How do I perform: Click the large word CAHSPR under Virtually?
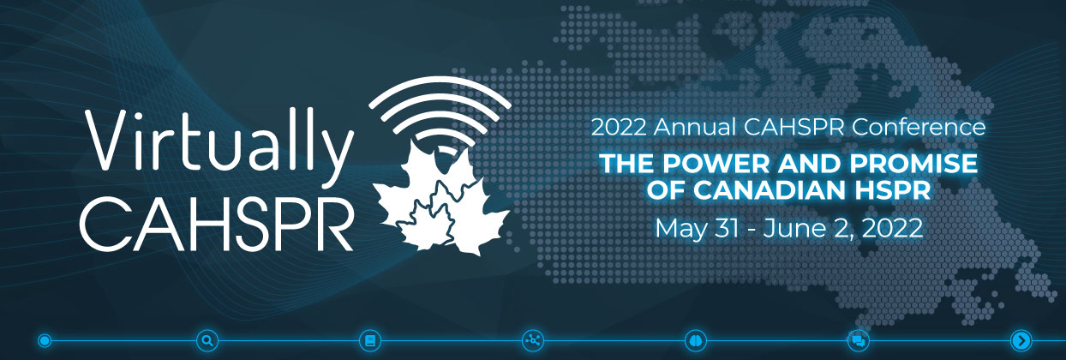coord(217,224)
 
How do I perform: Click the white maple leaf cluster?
coord(441,199)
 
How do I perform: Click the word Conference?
coord(919,127)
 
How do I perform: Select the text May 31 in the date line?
coord(697,229)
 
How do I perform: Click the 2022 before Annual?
coord(619,127)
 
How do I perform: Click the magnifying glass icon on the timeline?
coord(207,340)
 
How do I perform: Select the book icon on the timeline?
coord(370,340)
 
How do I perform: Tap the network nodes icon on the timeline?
coord(532,340)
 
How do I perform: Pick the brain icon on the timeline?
coord(695,340)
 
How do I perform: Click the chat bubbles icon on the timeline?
coord(859,340)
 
